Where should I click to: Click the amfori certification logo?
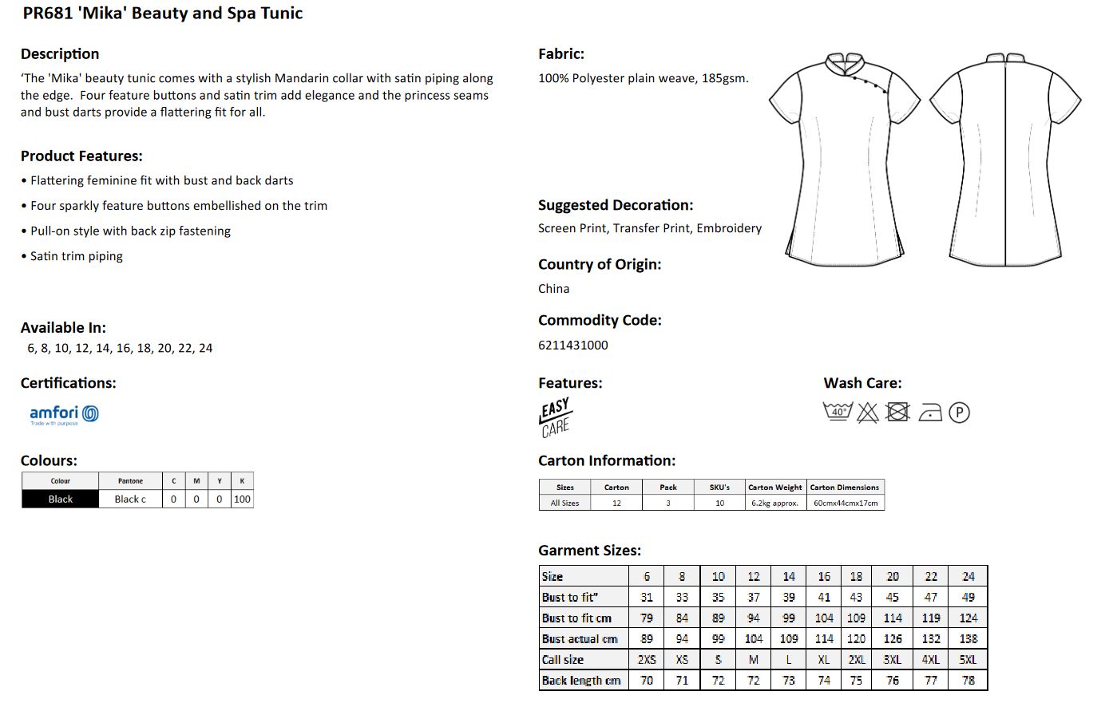click(64, 414)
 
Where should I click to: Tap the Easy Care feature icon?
click(555, 417)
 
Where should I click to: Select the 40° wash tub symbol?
click(837, 412)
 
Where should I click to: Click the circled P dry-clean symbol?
click(959, 413)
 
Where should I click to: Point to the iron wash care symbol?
click(929, 413)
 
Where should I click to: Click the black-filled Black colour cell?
click(60, 499)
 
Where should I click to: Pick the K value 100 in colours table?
click(242, 499)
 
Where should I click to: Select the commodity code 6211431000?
click(572, 345)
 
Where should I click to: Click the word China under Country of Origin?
click(553, 289)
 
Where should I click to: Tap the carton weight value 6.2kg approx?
click(774, 503)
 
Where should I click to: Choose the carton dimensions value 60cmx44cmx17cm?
click(846, 503)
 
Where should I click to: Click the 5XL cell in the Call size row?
click(968, 659)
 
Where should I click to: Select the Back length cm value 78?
click(968, 680)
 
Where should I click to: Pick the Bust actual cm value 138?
click(968, 638)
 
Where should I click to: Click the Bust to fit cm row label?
click(576, 618)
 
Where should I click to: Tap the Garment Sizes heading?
click(589, 550)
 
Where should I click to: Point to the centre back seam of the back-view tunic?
click(1004, 160)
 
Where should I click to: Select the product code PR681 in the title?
click(48, 13)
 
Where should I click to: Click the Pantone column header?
click(130, 481)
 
